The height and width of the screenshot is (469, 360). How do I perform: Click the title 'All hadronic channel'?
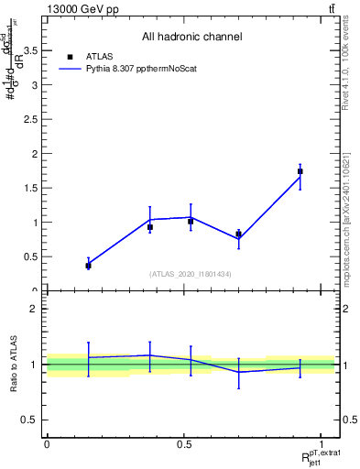pyautogui.click(x=191, y=37)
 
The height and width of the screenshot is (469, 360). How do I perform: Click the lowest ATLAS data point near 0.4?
pyautogui.click(x=88, y=265)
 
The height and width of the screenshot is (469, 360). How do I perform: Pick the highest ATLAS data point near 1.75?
pyautogui.click(x=300, y=171)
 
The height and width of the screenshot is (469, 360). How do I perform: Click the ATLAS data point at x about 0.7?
pyautogui.click(x=238, y=234)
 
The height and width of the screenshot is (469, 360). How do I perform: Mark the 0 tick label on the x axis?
pyautogui.click(x=47, y=444)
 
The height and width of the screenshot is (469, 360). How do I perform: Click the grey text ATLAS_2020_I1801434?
pyautogui.click(x=191, y=274)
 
